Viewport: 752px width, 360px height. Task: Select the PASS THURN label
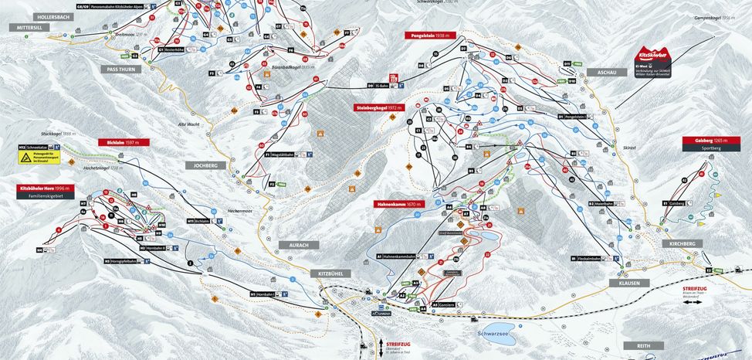click(x=117, y=69)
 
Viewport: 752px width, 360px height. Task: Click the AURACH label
click(x=299, y=245)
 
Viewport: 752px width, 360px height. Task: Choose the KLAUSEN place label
click(x=629, y=284)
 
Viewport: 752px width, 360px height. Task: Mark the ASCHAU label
click(x=606, y=71)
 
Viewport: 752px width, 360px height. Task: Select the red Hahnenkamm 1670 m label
click(x=400, y=205)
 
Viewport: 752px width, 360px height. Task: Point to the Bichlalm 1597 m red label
click(x=121, y=142)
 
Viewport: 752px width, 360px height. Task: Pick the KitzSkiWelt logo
click(x=653, y=56)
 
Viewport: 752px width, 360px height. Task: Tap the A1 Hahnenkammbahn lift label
click(x=401, y=256)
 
